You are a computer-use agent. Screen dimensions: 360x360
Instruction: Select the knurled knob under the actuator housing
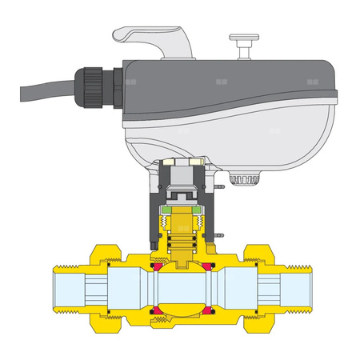pyautogui.click(x=245, y=181)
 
